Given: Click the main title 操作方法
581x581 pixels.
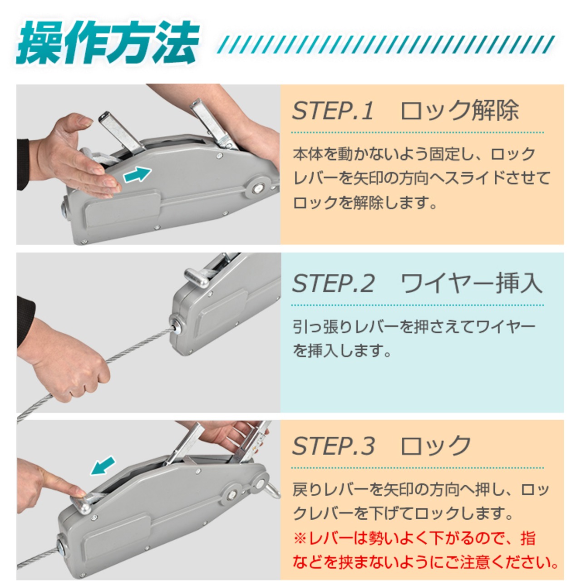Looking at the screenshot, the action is pos(108,43).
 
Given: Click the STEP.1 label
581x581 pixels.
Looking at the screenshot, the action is pos(333,111).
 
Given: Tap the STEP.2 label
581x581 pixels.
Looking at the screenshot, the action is pos(334,283).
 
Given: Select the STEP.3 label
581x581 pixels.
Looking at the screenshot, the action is pos(334,446).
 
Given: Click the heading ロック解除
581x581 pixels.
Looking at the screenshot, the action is pos(460,110).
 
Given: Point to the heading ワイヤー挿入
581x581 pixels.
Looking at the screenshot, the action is pos(471,283).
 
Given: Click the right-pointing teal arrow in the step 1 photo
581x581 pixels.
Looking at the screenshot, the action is pos(137,175).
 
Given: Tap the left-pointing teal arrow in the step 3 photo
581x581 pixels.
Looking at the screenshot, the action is pos(103,466).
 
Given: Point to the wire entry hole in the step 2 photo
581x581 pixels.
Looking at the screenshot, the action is pos(176,328).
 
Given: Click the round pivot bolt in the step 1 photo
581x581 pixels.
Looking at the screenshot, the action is pos(257,189).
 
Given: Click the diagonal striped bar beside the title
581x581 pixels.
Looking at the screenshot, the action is pos(386,44).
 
